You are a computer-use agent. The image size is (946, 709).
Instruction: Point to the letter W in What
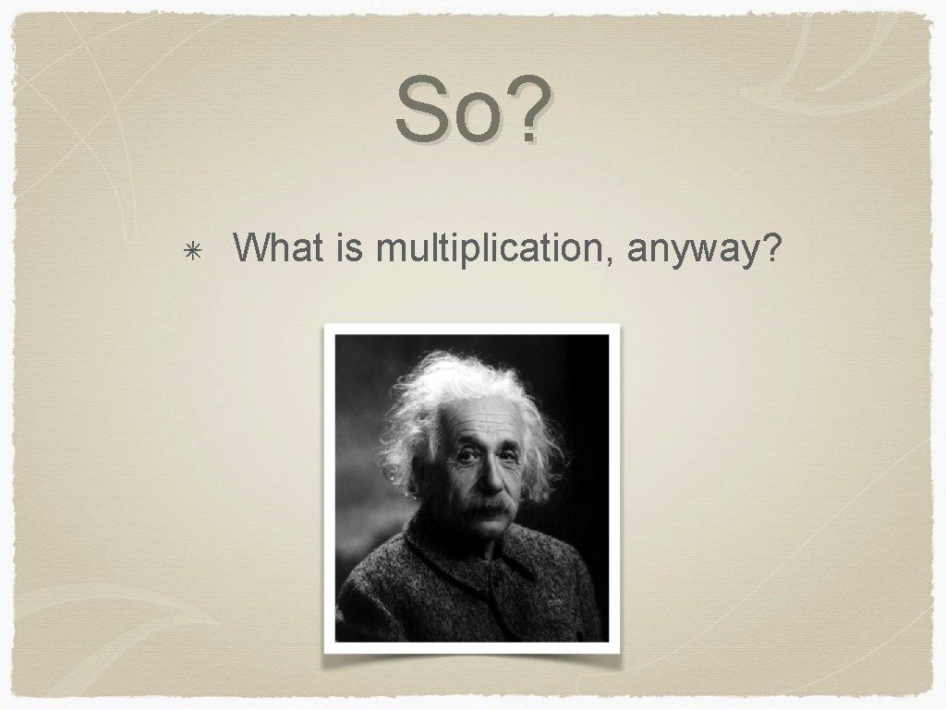pos(251,247)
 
